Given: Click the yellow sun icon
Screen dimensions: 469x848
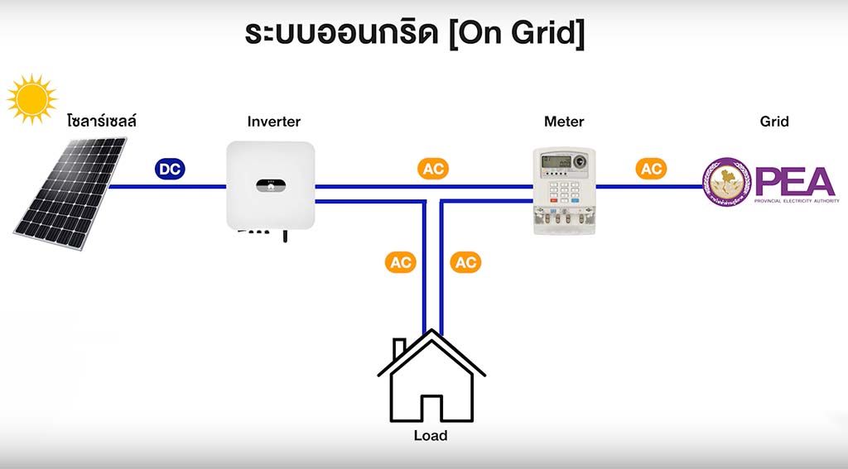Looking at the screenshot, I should (x=32, y=98).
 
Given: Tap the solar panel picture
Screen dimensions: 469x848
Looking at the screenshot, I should (x=71, y=192).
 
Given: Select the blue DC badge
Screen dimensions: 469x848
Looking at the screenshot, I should (x=171, y=169).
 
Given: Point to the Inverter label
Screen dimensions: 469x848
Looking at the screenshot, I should (x=274, y=122).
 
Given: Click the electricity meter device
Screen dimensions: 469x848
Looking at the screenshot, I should (x=563, y=190).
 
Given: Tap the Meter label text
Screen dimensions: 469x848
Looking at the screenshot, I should (x=564, y=122).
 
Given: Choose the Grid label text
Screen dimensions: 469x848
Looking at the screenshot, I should (x=774, y=122).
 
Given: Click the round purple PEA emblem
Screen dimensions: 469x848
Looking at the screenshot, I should (x=726, y=183).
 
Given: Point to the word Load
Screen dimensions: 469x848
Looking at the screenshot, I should (x=431, y=436).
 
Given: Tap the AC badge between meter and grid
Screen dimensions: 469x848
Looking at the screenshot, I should (x=651, y=169).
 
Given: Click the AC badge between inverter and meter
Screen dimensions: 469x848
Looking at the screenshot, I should (x=433, y=169).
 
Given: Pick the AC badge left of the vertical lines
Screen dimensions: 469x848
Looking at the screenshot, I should (x=400, y=262).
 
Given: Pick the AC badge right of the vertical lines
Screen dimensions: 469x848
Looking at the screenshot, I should (x=465, y=262).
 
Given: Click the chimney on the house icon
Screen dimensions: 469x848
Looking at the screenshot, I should (x=399, y=348).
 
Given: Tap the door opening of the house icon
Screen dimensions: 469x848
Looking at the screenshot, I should (x=431, y=409).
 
